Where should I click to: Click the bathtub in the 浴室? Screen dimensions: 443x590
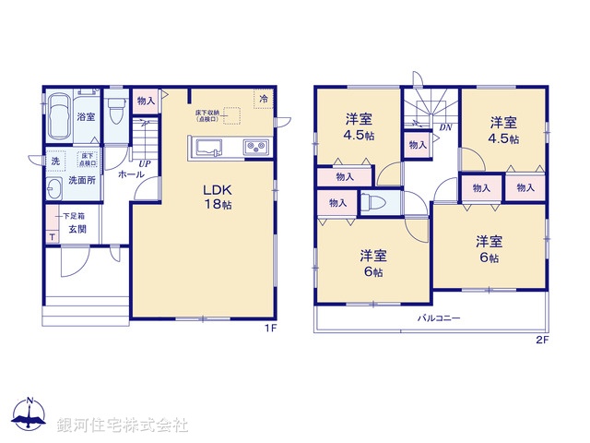click(60, 117)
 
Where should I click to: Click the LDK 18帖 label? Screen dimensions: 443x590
click(218, 196)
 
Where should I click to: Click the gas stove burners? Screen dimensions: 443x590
click(255, 148)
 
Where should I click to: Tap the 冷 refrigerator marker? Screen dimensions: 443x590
click(264, 99)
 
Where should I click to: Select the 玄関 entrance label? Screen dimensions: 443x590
click(77, 229)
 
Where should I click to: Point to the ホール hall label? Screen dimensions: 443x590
click(129, 173)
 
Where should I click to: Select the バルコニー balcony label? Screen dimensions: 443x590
click(437, 317)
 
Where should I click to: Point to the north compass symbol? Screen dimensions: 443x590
click(29, 414)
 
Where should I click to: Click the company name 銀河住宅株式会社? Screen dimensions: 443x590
click(122, 425)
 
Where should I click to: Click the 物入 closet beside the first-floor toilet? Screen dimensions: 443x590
click(145, 100)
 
